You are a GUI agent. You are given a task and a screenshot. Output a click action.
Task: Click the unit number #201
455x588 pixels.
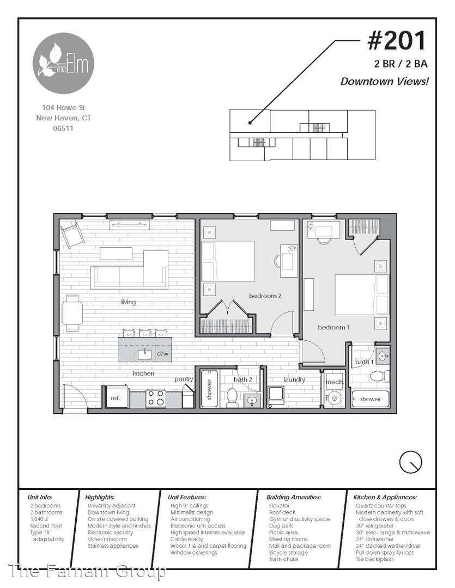click(x=397, y=41)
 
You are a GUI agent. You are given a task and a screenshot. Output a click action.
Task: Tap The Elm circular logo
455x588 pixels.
click(x=63, y=63)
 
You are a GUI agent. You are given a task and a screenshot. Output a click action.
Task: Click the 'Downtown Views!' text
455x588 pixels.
click(x=384, y=81)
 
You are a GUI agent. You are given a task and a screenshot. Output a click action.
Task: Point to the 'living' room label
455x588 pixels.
click(x=128, y=302)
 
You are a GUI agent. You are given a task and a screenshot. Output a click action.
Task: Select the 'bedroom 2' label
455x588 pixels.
click(x=265, y=296)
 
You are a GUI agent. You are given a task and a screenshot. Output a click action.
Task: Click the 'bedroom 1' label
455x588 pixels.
click(x=333, y=327)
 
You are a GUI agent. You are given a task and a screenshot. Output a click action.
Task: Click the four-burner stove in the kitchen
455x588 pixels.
click(x=156, y=398)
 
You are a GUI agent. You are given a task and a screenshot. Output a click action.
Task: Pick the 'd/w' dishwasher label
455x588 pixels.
click(x=162, y=354)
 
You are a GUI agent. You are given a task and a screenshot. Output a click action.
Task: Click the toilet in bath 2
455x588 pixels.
click(x=232, y=397)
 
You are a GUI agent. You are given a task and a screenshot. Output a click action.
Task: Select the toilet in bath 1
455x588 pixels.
click(x=380, y=376)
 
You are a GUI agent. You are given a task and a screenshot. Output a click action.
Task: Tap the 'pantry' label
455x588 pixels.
click(x=184, y=379)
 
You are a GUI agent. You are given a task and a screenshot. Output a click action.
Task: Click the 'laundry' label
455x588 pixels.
click(x=294, y=379)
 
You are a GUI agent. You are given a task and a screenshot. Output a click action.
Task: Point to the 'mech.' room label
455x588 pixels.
click(x=335, y=382)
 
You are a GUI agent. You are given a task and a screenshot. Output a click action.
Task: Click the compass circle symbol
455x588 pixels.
click(x=410, y=462)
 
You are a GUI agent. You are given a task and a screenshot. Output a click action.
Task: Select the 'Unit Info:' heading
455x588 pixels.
click(x=40, y=497)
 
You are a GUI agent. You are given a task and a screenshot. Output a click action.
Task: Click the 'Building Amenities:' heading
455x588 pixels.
click(x=294, y=497)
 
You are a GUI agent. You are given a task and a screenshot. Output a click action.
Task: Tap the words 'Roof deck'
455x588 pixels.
click(x=282, y=512)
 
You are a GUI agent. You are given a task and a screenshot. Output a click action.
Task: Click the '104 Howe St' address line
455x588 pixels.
click(x=63, y=108)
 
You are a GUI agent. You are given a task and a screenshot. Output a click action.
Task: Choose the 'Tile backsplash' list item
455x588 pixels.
click(x=374, y=559)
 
